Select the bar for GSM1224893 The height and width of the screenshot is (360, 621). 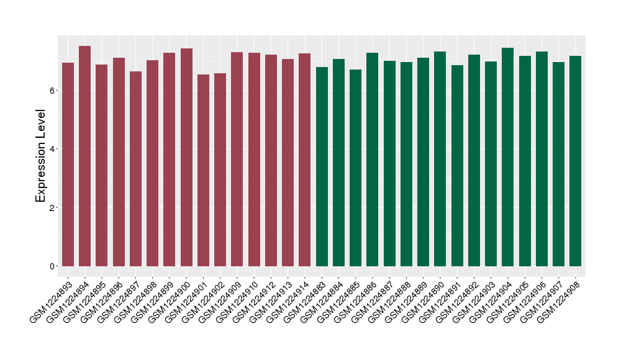(x=68, y=164)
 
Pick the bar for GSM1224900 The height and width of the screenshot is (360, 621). (x=186, y=158)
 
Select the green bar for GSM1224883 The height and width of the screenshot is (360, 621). (x=322, y=167)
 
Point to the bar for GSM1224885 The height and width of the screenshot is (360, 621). (x=356, y=168)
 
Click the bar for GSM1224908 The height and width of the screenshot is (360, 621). (x=576, y=161)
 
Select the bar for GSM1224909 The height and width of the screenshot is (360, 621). (x=237, y=160)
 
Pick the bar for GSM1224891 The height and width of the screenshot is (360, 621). (x=457, y=166)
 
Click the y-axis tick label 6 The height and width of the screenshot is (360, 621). (x=53, y=91)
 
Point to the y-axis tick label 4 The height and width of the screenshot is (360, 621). (x=53, y=149)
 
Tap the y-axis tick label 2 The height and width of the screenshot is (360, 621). (x=53, y=207)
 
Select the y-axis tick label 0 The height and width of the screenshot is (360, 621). (x=53, y=266)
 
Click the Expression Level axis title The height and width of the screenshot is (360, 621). (x=41, y=156)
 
